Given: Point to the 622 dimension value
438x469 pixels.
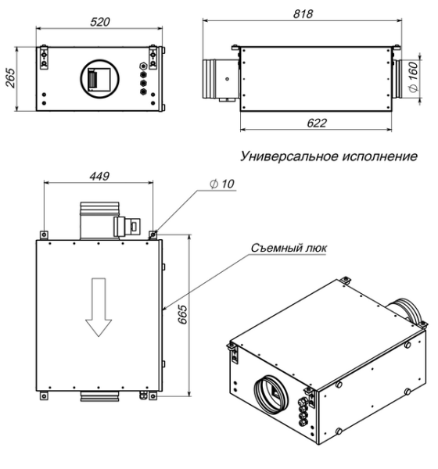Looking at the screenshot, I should point(317,124).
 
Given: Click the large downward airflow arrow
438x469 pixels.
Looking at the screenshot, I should point(99,306).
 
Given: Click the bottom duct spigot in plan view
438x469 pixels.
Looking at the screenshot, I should point(99,399).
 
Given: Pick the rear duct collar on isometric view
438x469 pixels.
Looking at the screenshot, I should point(407,310).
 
